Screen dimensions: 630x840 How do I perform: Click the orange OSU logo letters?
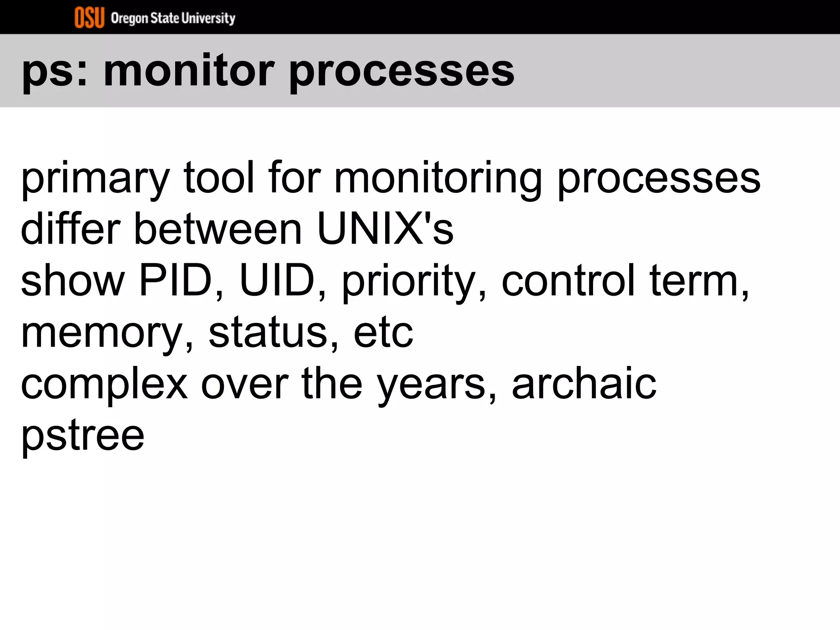89,18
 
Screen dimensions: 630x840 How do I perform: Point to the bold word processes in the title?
402,72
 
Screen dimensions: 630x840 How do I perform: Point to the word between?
218,228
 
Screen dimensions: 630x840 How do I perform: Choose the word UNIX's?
385,228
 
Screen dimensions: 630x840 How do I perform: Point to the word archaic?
584,383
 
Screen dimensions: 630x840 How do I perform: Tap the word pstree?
82,435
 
